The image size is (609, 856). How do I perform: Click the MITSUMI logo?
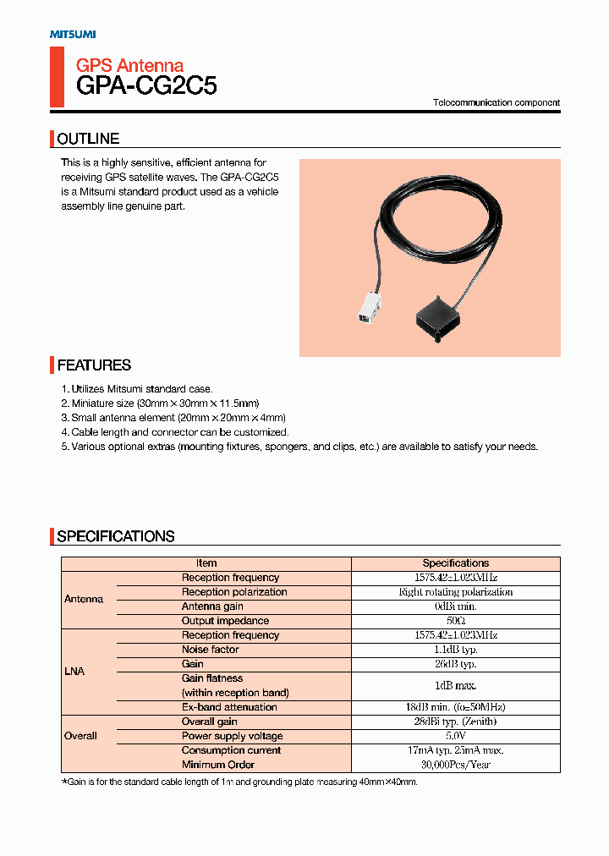73,34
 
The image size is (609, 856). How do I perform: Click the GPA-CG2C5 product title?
146,85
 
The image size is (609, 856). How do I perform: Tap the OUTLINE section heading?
88,139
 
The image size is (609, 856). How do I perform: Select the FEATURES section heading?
94,365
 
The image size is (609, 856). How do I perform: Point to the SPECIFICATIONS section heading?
116,536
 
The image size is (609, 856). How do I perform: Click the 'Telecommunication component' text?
497,102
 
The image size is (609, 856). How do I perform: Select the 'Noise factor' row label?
210,650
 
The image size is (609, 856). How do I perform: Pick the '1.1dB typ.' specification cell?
455,650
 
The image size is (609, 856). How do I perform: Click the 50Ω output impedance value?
455,621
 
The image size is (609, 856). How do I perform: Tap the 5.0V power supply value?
455,736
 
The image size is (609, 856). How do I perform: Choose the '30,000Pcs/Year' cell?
455,765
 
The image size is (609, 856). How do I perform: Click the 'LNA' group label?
74,671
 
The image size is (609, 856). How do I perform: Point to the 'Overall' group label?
81,736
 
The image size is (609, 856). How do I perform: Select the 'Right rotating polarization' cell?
455,592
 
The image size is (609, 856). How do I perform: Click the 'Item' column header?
206,563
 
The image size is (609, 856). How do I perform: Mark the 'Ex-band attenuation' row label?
229,707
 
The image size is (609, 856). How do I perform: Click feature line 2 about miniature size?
160,403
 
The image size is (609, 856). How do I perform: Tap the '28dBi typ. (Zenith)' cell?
455,722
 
